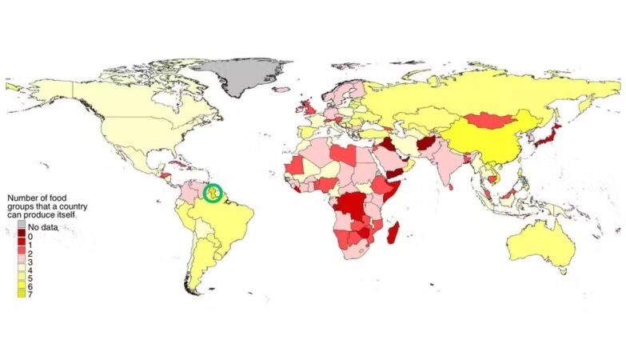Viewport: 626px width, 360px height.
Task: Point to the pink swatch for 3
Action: click(22, 262)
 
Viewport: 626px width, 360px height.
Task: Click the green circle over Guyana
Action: click(213, 193)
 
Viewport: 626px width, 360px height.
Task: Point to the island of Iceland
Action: click(282, 86)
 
